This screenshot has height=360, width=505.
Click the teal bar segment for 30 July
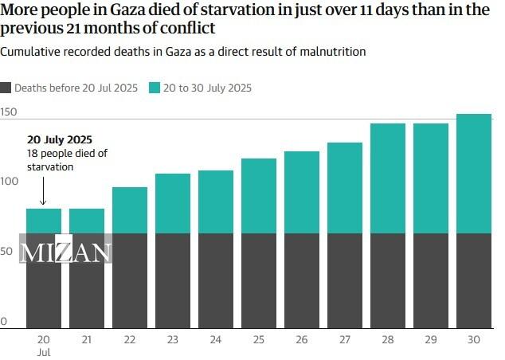pos(473,174)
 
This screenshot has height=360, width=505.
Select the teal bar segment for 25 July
pos(259,196)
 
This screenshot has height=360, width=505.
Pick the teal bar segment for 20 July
pos(44,221)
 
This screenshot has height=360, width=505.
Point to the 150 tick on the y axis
pos(9,112)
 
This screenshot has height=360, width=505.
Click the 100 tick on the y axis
pos(9,182)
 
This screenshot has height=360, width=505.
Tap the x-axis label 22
pos(130,339)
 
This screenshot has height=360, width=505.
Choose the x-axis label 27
pos(344,339)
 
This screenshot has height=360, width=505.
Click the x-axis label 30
pos(473,339)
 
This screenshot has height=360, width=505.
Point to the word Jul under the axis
pos(44,351)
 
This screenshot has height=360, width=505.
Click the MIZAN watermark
pos(65,253)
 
